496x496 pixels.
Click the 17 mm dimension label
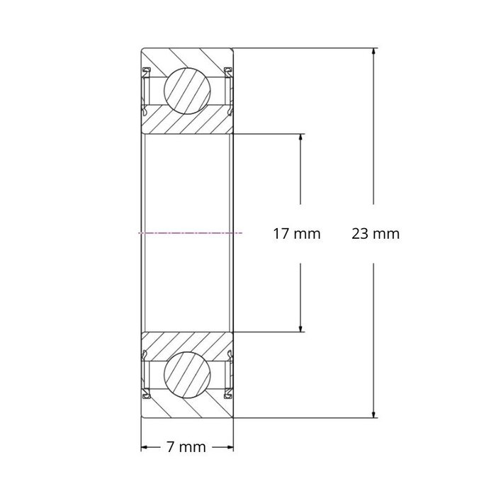pos(297,233)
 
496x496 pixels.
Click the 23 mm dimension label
pos(376,233)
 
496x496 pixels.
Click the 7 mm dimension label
pos(186,447)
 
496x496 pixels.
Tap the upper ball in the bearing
pos(188,90)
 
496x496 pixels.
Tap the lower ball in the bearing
pos(188,373)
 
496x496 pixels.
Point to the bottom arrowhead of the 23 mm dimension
pos(373,415)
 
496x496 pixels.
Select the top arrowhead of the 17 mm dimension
pos(302,137)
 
